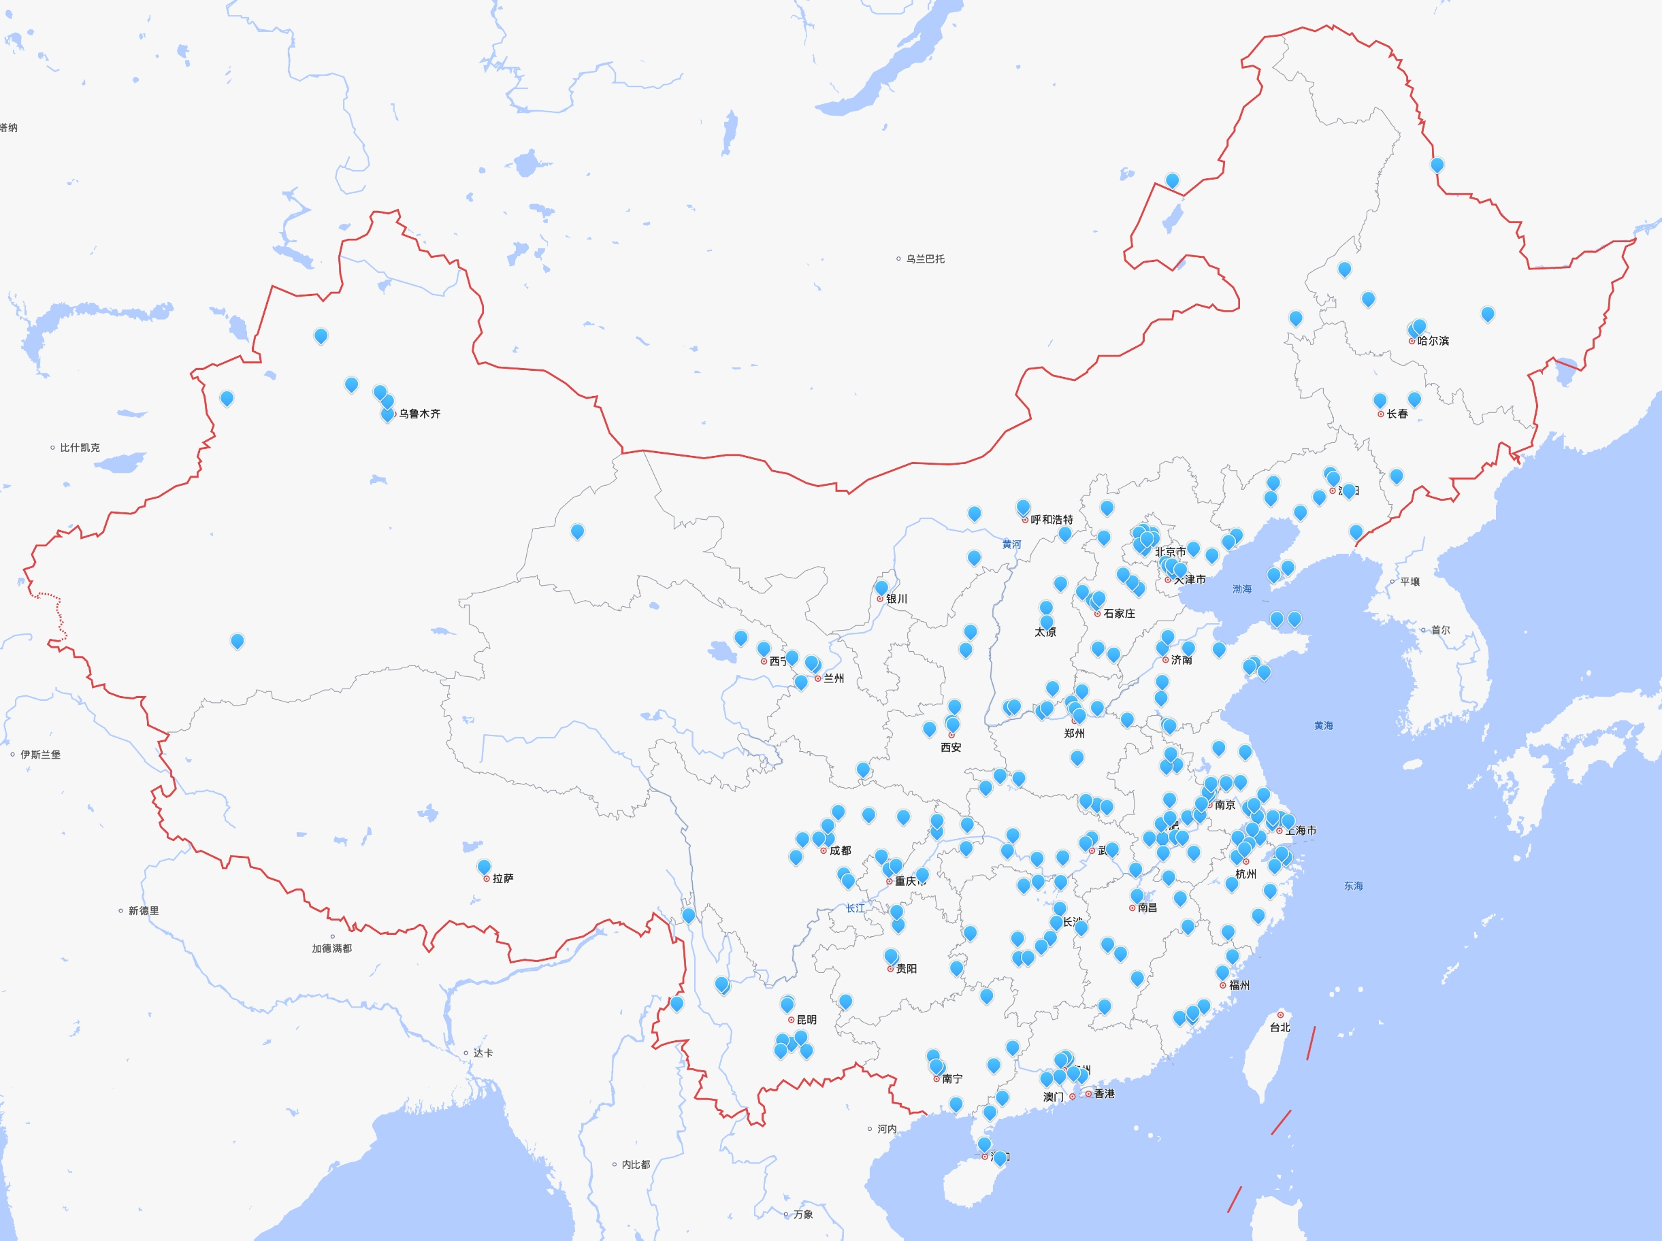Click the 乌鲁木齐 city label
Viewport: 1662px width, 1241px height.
(x=419, y=414)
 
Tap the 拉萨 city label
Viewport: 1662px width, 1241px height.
(x=503, y=878)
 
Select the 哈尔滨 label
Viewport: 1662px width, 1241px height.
(x=1433, y=341)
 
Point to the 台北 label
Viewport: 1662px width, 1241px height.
(x=1280, y=1027)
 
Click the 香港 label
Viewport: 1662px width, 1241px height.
(x=1104, y=1094)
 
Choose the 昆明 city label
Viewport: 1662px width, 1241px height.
(x=806, y=1019)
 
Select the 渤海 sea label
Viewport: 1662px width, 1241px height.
(x=1242, y=589)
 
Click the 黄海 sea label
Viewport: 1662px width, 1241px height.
(x=1323, y=726)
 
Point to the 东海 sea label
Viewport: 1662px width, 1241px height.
(x=1353, y=886)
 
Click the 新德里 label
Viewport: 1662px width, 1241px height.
(x=143, y=910)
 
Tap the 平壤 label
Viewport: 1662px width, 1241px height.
(x=1410, y=582)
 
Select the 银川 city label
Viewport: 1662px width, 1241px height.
(x=896, y=599)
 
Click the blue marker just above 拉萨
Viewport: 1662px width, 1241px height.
(x=484, y=867)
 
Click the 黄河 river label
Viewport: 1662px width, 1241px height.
(x=1011, y=544)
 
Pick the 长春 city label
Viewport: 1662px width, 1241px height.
(x=1397, y=414)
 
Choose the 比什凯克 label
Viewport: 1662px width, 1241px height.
(x=80, y=448)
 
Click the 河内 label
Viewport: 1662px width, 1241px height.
(x=887, y=1128)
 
